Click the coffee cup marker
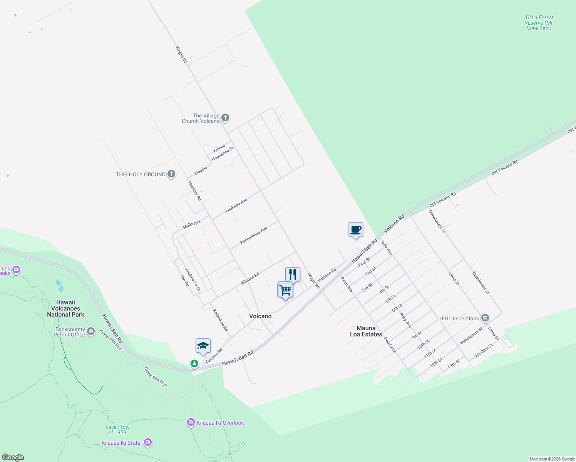pos(355,230)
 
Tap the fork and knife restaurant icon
pos(293,275)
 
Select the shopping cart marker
pos(285,290)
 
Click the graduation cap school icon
pos(203,346)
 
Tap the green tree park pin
pos(194,363)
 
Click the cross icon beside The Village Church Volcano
pos(225,118)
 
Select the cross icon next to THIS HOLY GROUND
pos(171,174)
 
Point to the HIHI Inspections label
pos(459,318)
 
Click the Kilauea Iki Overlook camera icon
pos(191,423)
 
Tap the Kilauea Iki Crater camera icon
pos(148,443)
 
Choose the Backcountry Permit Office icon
pos(91,331)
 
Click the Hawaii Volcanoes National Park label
pos(65,308)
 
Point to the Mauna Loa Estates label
pos(366,331)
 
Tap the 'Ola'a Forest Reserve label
pos(539,23)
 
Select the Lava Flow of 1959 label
pos(117,430)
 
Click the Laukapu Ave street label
pos(236,205)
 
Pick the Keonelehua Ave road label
pos(254,236)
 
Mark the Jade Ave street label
pos(386,247)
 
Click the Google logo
pos(13,457)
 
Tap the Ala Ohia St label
pos(484,350)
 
